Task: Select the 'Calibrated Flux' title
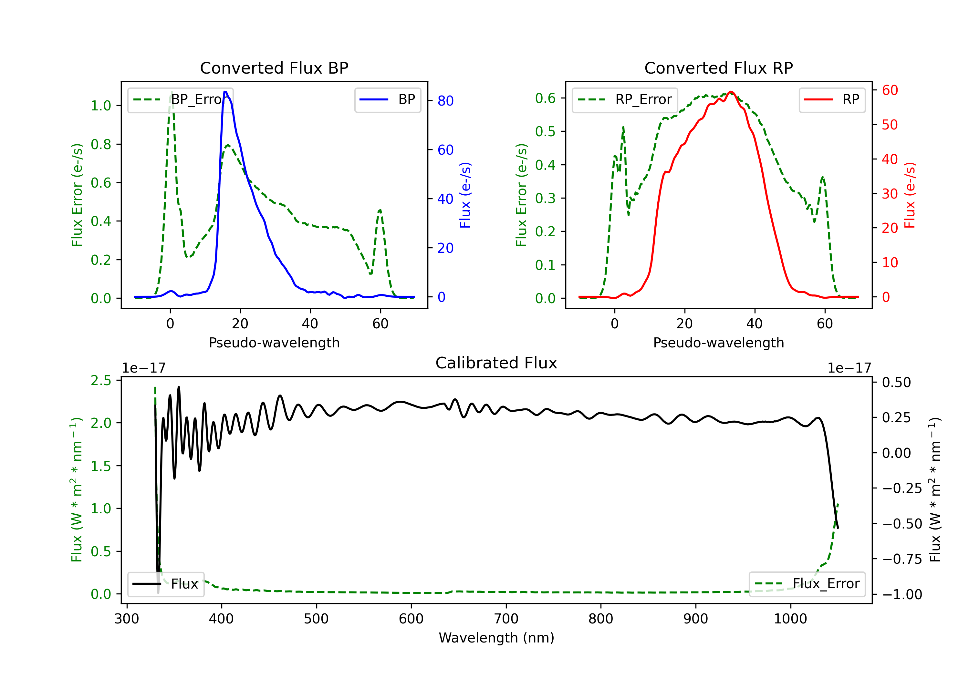click(496, 363)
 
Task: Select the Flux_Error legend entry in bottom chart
click(807, 584)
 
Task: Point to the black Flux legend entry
click(165, 584)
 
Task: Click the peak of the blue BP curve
click(225, 92)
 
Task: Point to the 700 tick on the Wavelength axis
click(506, 619)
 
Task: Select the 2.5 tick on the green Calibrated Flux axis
click(101, 381)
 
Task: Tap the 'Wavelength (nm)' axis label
click(496, 638)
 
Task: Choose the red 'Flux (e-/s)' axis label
click(910, 195)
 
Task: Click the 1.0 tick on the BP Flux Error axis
click(101, 106)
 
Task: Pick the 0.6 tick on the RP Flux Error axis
click(546, 98)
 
